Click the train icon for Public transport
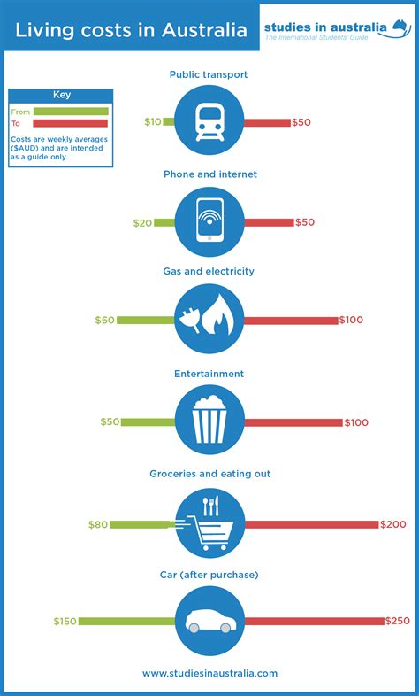click(210, 122)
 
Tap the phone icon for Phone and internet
click(210, 223)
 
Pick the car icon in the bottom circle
click(210, 622)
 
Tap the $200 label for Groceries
click(393, 525)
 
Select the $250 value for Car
click(397, 622)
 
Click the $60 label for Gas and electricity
click(105, 320)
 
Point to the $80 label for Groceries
click(98, 525)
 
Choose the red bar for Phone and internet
click(269, 223)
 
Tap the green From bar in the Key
click(71, 112)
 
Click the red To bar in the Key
click(71, 124)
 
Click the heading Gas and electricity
click(210, 272)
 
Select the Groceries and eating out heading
click(210, 475)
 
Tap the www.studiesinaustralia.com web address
click(210, 673)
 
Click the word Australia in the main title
click(202, 31)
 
